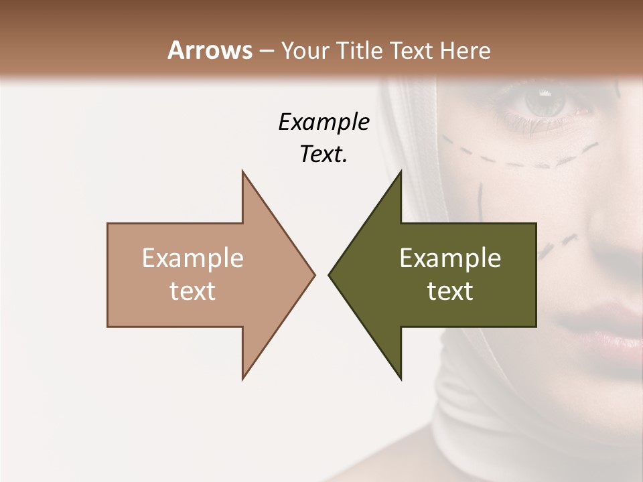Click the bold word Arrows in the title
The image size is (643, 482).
click(x=210, y=50)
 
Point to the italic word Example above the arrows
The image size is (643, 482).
click(x=324, y=122)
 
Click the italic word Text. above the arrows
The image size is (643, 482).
click(x=324, y=154)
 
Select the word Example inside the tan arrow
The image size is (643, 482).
click(x=192, y=258)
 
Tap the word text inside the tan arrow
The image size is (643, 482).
click(x=192, y=291)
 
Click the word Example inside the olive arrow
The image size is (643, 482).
click(x=450, y=258)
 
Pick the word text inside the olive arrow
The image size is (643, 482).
click(x=450, y=291)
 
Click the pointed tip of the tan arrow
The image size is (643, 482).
click(x=313, y=274)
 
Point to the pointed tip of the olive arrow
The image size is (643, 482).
click(x=330, y=274)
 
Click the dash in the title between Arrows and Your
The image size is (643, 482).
click(x=266, y=52)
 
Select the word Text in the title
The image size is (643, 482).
click(x=409, y=51)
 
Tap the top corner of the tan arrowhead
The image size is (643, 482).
click(x=243, y=172)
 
